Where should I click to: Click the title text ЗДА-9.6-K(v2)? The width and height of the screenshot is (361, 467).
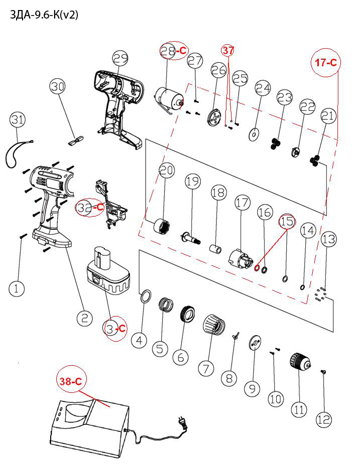click(44, 15)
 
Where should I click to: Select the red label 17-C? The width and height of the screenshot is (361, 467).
click(325, 63)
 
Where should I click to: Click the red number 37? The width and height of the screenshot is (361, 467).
click(228, 50)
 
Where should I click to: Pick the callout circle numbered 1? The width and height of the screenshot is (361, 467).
click(16, 288)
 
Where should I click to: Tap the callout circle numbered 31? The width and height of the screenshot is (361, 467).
click(18, 120)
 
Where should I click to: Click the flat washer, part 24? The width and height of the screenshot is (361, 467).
click(255, 134)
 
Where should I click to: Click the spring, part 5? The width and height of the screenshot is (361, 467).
click(166, 304)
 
